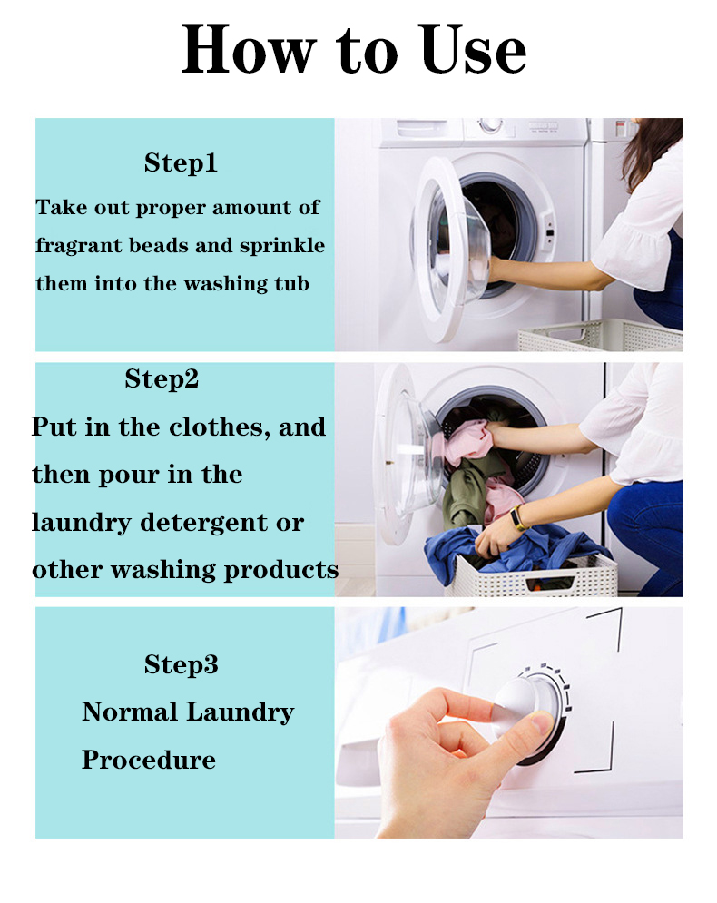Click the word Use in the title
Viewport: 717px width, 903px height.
point(472,50)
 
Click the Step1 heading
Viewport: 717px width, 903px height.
point(181,162)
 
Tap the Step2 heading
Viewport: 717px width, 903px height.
point(162,379)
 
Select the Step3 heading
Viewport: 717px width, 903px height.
point(182,664)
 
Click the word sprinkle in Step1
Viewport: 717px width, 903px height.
point(282,247)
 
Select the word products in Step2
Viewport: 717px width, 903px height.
point(281,571)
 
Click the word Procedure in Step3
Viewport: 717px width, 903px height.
point(149,761)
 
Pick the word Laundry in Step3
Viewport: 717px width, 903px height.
point(241,713)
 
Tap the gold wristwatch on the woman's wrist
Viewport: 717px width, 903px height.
point(518,517)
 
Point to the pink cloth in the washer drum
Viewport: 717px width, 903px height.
point(467,440)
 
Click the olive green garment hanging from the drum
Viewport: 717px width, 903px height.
point(466,489)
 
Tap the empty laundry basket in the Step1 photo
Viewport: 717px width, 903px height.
point(600,335)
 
